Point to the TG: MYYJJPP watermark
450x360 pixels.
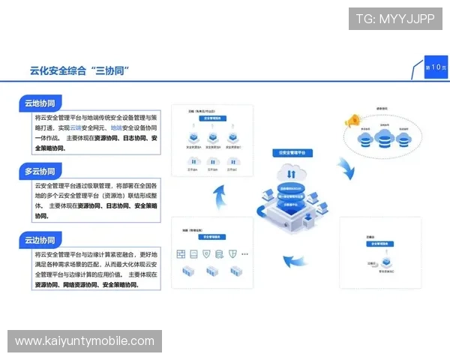click(395, 19)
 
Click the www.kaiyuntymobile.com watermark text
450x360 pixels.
click(84, 341)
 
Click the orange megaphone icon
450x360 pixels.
click(349, 121)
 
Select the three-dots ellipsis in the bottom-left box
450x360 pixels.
click(245, 255)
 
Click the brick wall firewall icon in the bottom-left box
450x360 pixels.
click(181, 255)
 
